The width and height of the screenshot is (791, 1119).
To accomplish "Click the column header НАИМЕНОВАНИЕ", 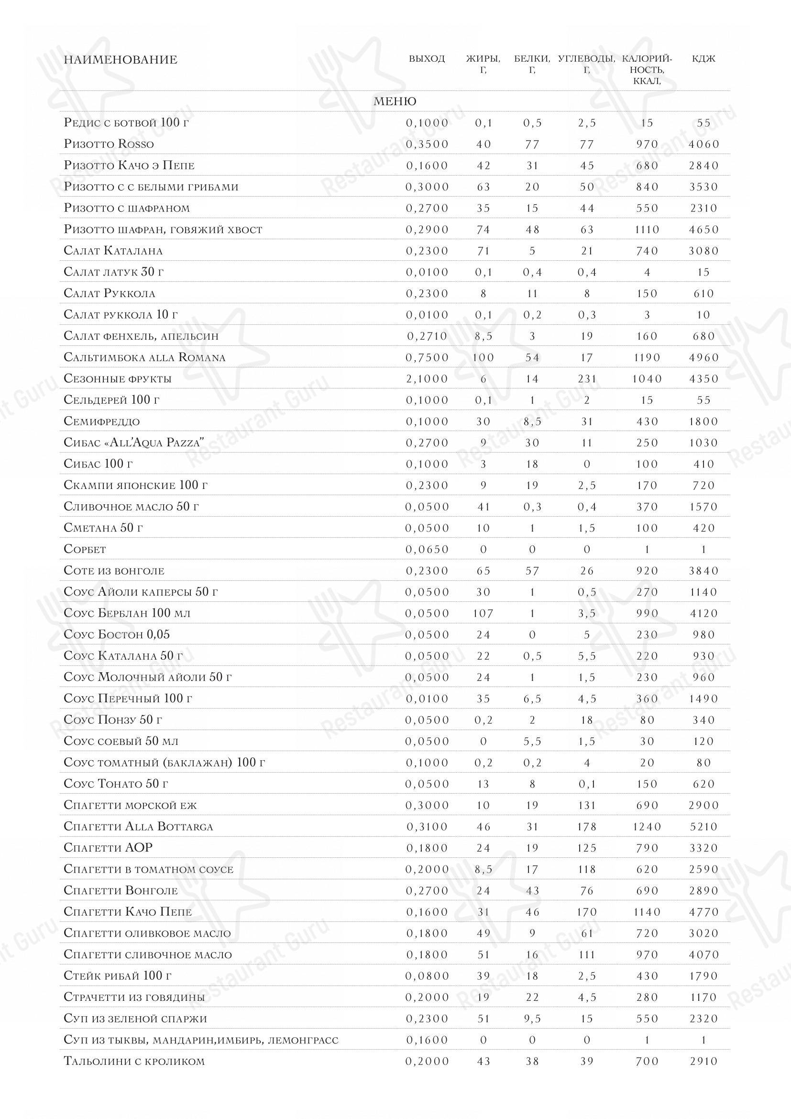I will (x=121, y=60).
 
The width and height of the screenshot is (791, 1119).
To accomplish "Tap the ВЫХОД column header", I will (x=427, y=59).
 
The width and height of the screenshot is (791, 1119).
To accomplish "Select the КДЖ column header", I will (x=703, y=59).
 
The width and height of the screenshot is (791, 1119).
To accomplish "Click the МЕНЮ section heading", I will (x=395, y=101).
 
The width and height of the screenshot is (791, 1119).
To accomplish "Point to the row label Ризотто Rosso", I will (x=109, y=144).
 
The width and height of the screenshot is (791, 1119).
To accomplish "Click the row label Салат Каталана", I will (x=113, y=251).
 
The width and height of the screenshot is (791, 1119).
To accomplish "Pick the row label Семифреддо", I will (x=101, y=421).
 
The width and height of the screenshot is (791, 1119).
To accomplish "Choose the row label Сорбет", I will (x=85, y=549).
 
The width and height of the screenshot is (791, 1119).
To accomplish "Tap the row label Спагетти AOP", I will (x=108, y=848).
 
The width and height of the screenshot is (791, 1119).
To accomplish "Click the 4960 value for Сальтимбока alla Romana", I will (x=703, y=357).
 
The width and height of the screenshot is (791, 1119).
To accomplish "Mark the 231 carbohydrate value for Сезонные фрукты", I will (x=587, y=379).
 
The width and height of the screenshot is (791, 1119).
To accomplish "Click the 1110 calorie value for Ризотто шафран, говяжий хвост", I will (x=647, y=230).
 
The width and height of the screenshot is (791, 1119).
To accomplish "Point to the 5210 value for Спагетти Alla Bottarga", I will (x=703, y=827).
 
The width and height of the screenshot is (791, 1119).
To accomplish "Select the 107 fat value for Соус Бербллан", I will (x=483, y=613).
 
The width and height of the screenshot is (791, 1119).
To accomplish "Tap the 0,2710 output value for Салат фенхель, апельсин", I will (x=427, y=336).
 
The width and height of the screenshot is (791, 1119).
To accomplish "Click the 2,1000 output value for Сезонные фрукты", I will (x=427, y=379).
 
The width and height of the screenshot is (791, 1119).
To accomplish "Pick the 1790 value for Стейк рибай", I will (x=703, y=975).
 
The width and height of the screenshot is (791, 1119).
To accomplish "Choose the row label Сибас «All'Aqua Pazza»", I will (x=134, y=443).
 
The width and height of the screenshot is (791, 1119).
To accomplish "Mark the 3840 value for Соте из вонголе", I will (x=703, y=571).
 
